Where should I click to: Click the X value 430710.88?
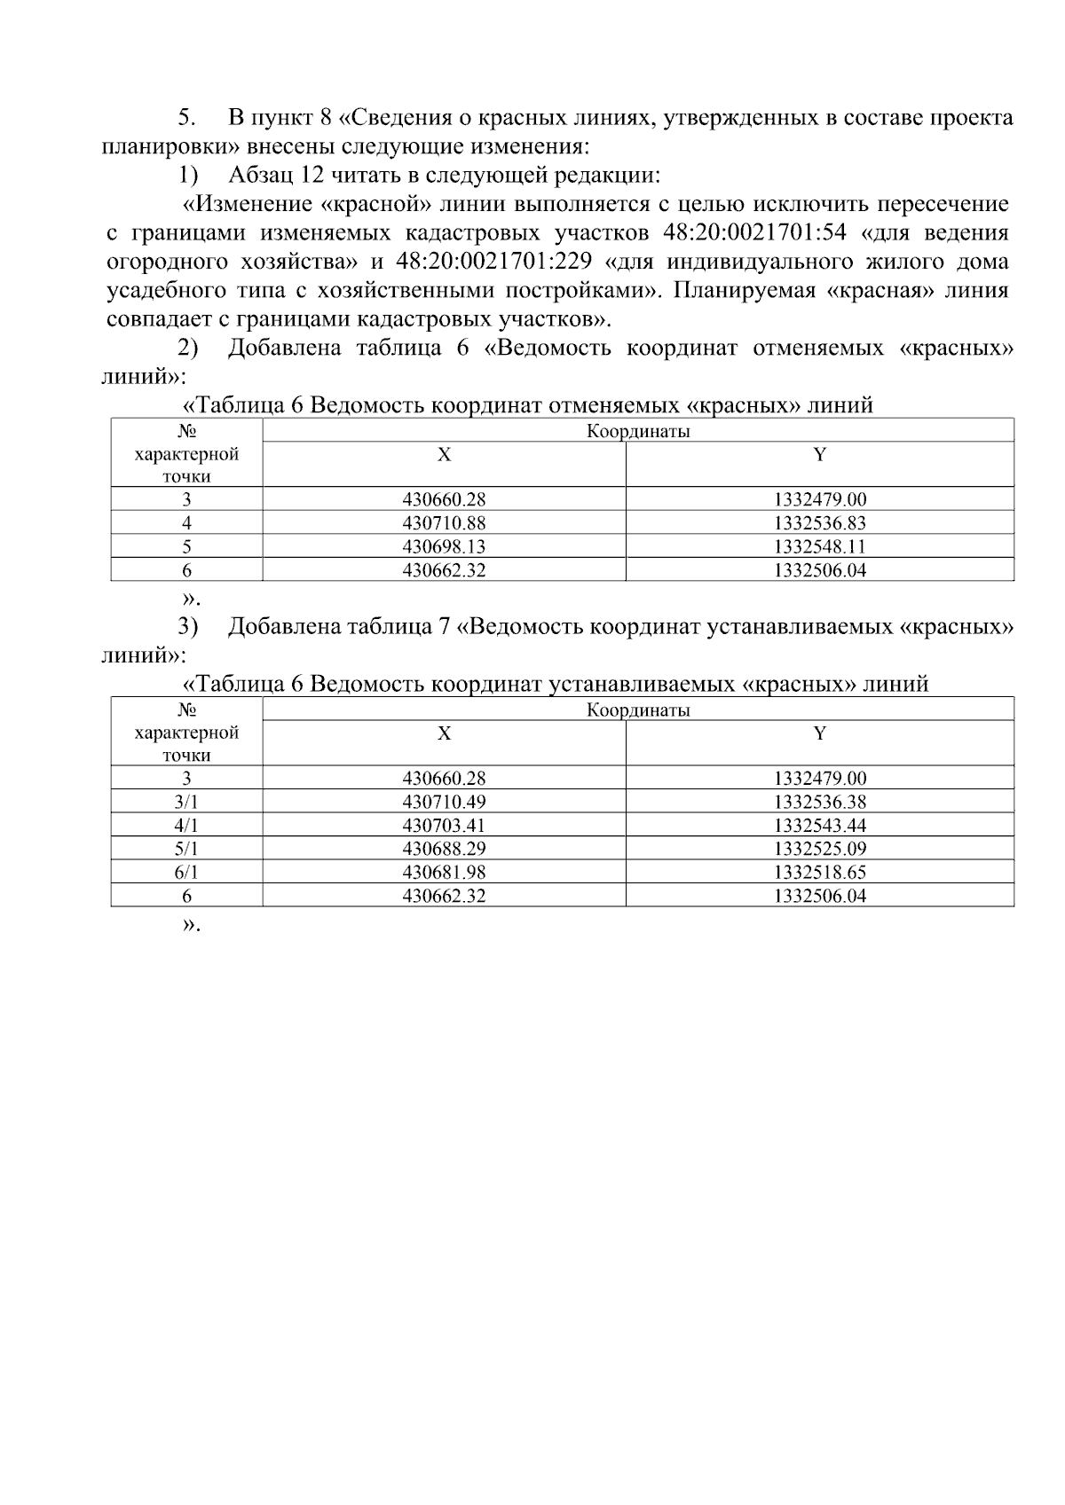444,523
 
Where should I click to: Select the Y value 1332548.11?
819,547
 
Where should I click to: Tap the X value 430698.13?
444,547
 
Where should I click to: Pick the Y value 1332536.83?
819,523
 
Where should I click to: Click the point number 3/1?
186,802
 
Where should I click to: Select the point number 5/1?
186,849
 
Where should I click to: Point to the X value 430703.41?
444,826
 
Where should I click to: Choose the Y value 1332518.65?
819,873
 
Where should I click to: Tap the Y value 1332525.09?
819,849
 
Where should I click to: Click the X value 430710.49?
444,802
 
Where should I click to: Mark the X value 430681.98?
444,873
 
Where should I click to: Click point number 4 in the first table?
186,523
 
